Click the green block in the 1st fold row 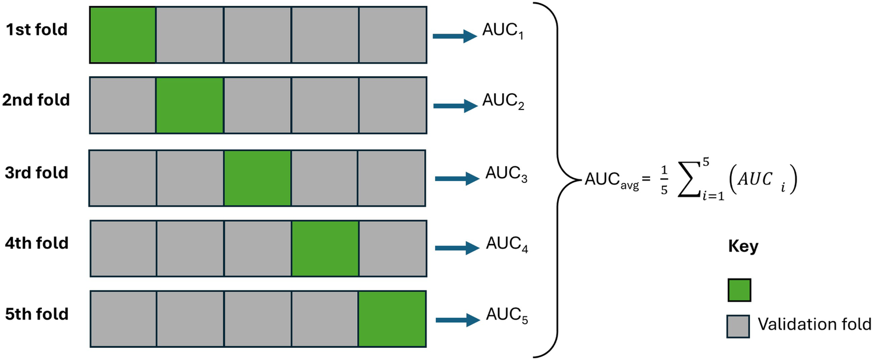tap(122, 34)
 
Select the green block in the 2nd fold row tap(189, 105)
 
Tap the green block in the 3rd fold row tap(257, 178)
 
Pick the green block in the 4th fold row tap(325, 248)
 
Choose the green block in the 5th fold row tap(392, 319)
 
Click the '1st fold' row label tap(37, 30)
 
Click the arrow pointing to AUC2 tap(455, 106)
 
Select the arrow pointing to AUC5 tap(458, 320)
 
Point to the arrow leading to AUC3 tap(458, 179)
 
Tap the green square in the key tap(739, 290)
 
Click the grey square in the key tap(739, 326)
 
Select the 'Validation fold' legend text tap(814, 324)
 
